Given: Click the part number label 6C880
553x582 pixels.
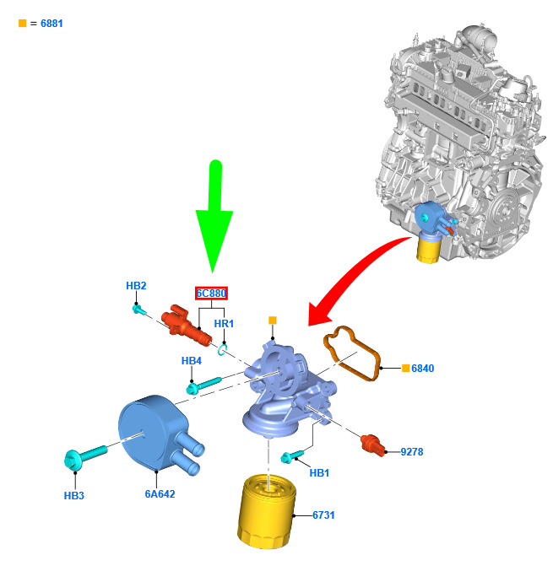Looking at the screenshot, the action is [211, 294].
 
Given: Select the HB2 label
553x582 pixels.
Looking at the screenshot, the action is [136, 285].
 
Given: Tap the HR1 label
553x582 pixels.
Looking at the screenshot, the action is [224, 324].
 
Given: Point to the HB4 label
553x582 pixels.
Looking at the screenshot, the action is [192, 361].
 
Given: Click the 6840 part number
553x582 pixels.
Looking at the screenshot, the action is [422, 369].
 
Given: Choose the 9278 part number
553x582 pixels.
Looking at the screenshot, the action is [412, 452].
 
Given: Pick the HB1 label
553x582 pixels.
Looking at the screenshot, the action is [319, 473].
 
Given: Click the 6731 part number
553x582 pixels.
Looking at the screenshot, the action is [323, 515].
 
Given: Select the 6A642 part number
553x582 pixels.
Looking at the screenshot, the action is [160, 494].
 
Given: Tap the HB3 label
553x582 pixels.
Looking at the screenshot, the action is [74, 495].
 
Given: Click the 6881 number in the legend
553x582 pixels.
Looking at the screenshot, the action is [52, 24].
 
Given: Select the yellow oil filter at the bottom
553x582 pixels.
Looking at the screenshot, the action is [267, 511].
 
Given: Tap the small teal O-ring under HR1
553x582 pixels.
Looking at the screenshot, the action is [222, 350].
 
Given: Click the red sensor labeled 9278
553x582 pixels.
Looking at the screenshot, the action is [372, 445].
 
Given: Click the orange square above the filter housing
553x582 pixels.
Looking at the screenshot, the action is [273, 321].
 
